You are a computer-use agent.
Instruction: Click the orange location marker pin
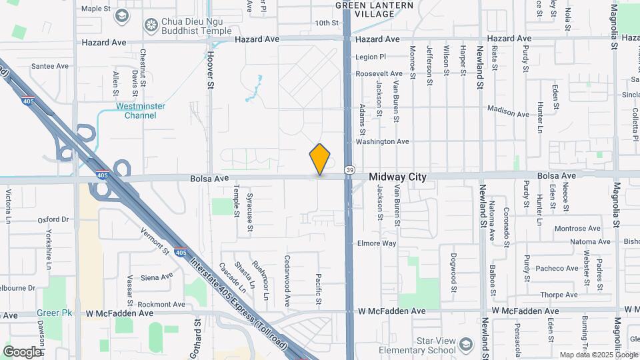click(320, 159)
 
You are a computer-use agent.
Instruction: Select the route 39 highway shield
click(349, 171)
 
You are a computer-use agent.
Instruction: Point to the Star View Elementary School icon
click(465, 344)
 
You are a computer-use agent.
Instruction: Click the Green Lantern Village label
click(375, 9)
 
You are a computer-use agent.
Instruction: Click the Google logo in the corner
click(23, 351)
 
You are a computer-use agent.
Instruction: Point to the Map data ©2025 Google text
click(598, 355)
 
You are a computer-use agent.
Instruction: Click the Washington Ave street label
click(382, 141)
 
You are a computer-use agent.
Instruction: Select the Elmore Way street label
click(377, 243)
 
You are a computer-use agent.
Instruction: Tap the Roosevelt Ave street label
click(379, 73)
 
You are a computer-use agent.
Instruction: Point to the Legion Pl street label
click(371, 57)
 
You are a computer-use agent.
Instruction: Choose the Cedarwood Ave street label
click(287, 280)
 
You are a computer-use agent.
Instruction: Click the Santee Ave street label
click(51, 66)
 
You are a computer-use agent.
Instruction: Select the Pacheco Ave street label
click(557, 269)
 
